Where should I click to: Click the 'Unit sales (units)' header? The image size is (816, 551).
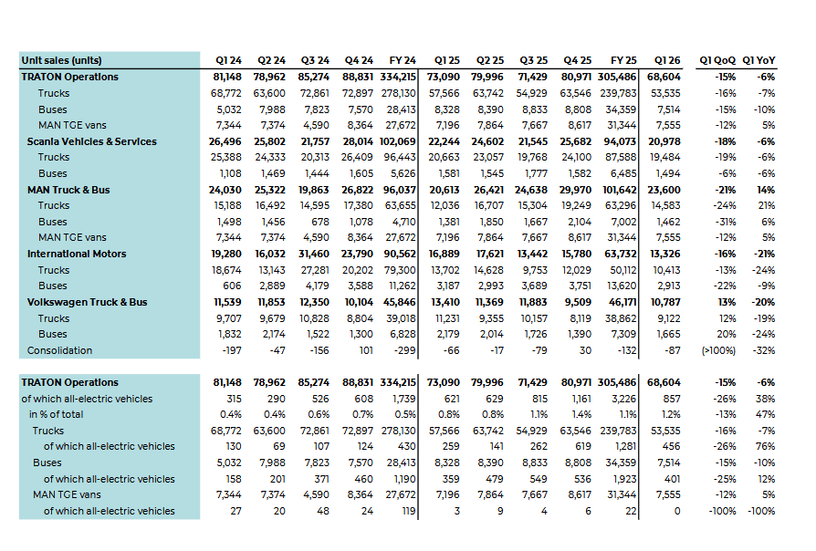[61, 60]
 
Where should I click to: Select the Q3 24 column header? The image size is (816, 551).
[315, 60]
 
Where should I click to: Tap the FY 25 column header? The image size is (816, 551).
[623, 60]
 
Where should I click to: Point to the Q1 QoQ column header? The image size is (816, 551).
[717, 60]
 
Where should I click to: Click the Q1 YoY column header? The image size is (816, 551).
[758, 60]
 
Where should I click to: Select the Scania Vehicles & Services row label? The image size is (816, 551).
[91, 141]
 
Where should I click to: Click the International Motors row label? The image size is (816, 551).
[77, 254]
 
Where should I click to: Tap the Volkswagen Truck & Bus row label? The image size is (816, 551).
[87, 302]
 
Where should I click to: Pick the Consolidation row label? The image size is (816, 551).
[59, 350]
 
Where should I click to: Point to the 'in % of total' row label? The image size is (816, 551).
[57, 415]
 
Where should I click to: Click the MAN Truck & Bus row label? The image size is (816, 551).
[68, 190]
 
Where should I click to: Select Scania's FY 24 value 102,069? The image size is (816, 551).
[398, 141]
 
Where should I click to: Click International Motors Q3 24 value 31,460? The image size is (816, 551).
[314, 254]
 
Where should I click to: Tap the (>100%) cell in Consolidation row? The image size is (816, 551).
[718, 350]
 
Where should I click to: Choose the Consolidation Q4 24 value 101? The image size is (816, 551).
[366, 350]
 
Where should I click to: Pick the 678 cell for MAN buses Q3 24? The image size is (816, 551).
[320, 222]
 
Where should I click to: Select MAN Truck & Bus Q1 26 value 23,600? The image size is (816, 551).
[664, 190]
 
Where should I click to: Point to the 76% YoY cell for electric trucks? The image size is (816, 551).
[766, 446]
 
